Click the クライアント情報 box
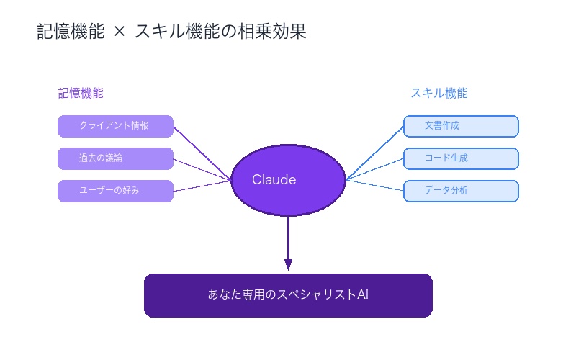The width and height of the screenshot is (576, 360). [115, 126]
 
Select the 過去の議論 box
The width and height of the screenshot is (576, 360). [115, 158]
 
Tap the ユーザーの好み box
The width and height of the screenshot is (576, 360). [115, 191]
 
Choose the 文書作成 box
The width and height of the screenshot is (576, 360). [461, 126]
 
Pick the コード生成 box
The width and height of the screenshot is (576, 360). [461, 158]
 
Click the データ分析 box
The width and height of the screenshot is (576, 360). [461, 191]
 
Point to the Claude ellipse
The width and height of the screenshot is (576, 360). [288, 180]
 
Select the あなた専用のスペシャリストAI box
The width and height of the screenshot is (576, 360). [288, 295]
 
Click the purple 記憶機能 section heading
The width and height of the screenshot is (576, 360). [81, 93]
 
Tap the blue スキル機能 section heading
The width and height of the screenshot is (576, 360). [439, 93]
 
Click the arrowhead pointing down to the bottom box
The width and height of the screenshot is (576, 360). [288, 264]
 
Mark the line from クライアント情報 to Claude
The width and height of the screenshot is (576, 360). [202, 153]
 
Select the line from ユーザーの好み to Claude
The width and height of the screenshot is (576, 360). [202, 186]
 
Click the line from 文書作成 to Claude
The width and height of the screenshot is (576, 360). [374, 153]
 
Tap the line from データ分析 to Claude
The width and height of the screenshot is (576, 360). [374, 186]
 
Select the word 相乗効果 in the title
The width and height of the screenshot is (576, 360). [277, 32]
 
